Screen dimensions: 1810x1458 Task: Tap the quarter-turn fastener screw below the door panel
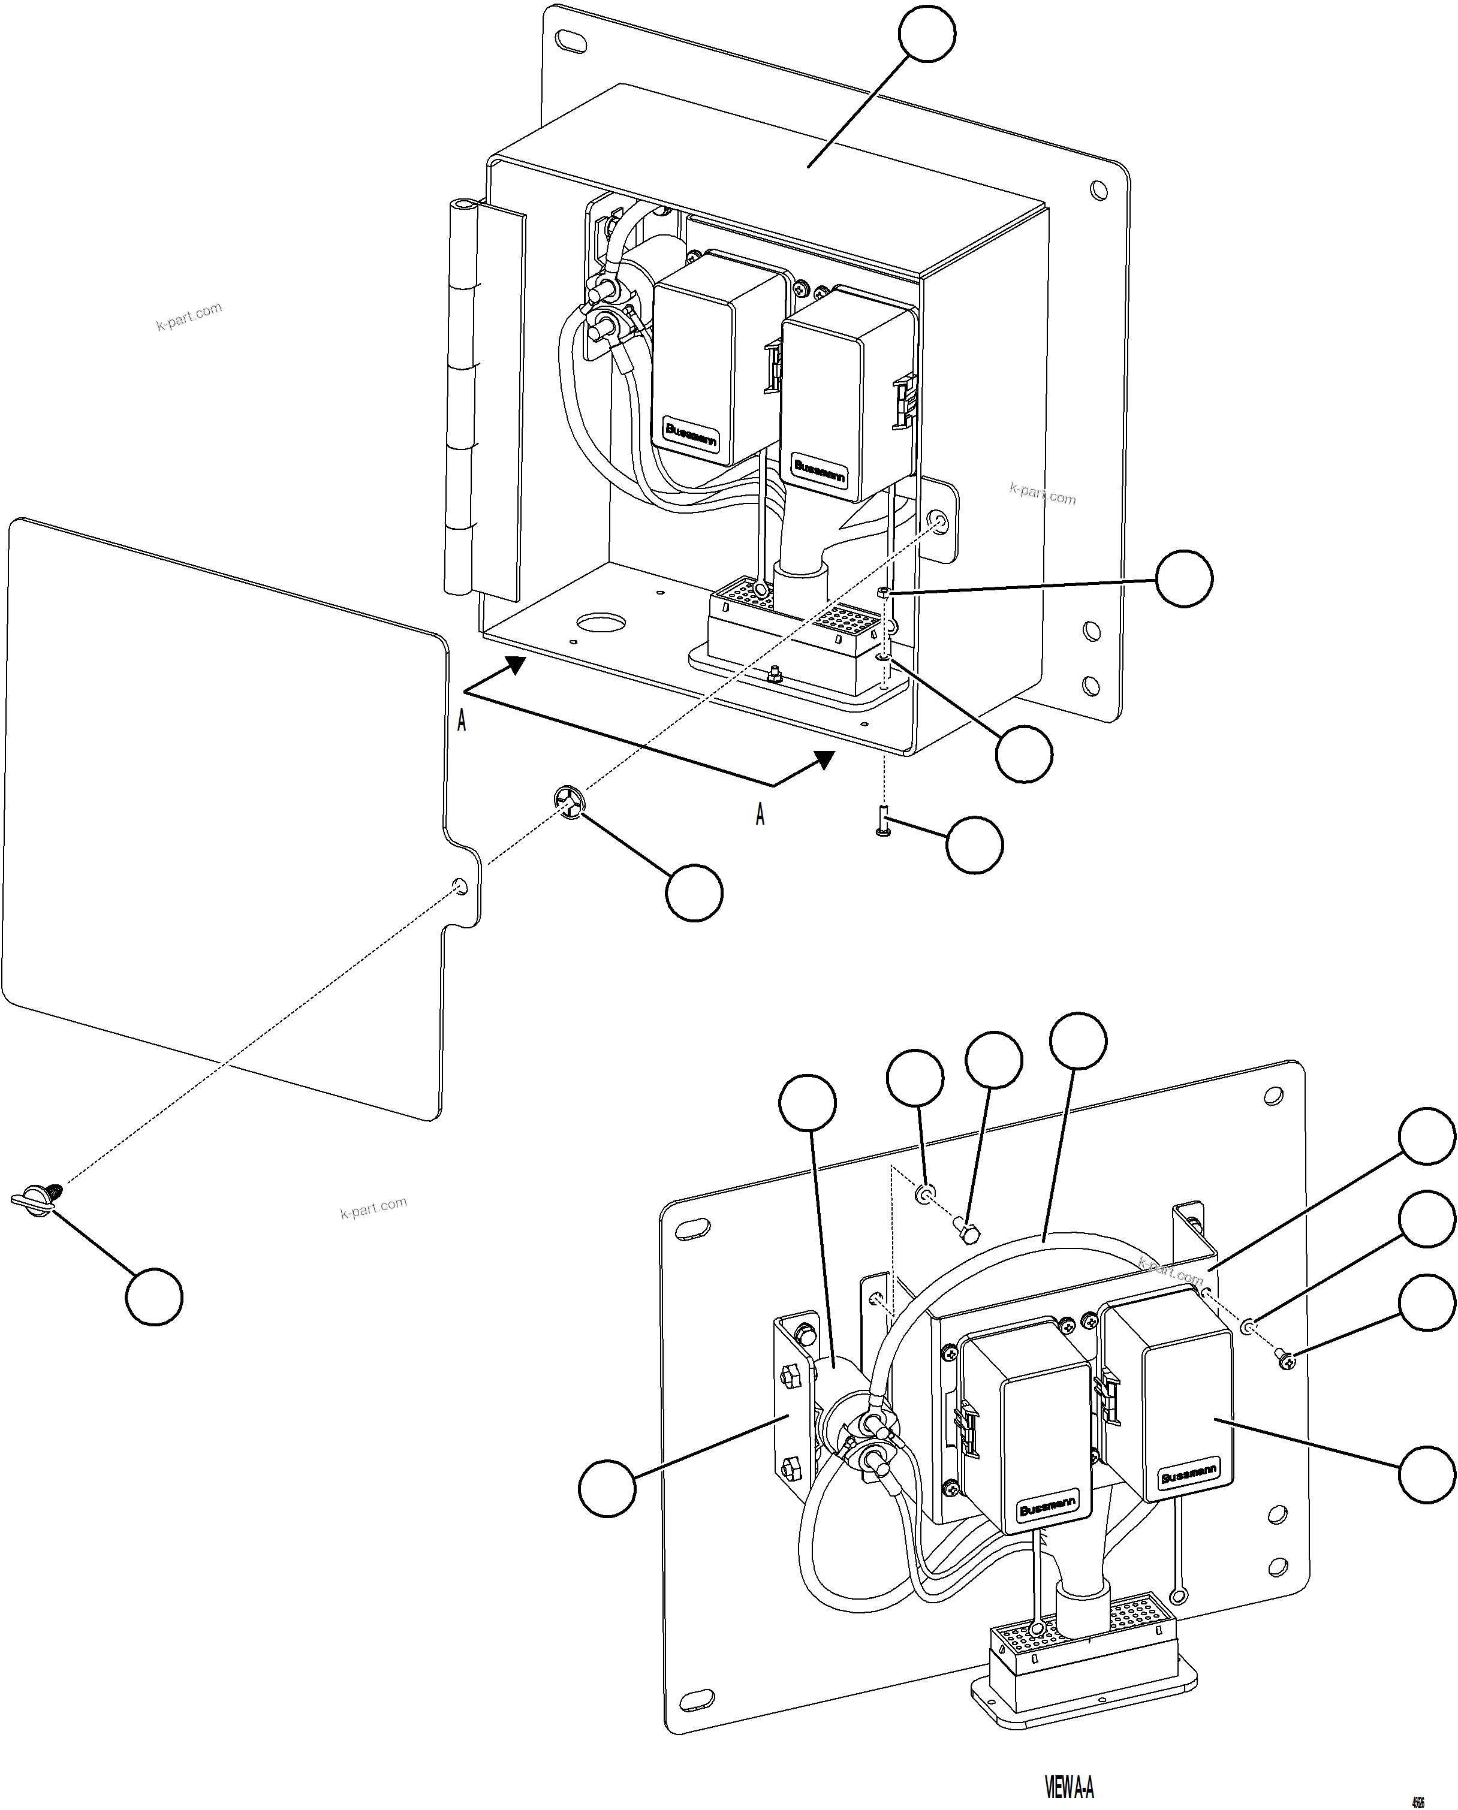tap(35, 1198)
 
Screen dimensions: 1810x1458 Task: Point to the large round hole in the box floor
tap(601, 623)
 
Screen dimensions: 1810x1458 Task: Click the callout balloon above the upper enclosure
tap(926, 33)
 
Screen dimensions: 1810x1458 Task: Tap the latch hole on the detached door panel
tap(459, 886)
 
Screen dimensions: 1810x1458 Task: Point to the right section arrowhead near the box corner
tap(825, 760)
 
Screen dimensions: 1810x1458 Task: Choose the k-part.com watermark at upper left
tap(189, 316)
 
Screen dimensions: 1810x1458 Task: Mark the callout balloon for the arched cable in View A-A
tap(1079, 1041)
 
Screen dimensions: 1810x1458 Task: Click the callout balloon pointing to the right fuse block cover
tap(1426, 1473)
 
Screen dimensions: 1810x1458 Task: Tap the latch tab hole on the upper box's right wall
tap(940, 524)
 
